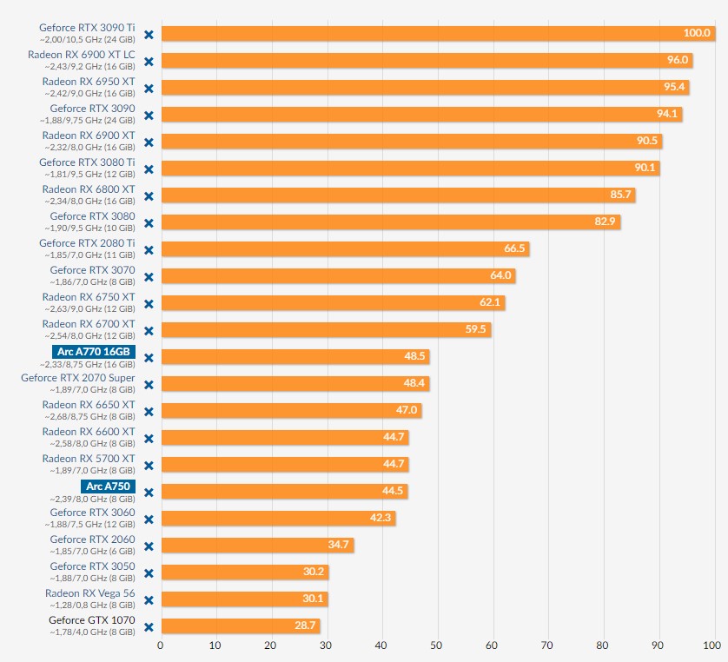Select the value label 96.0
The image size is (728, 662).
pos(678,61)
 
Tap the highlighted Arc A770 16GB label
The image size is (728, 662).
pos(93,352)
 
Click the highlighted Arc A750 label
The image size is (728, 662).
pos(108,486)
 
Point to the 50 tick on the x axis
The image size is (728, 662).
pos(437,645)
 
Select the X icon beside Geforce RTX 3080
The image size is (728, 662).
pos(149,222)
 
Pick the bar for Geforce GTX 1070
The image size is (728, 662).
pos(241,626)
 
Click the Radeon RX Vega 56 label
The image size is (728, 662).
pos(90,593)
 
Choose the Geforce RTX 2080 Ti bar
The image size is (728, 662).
pos(345,249)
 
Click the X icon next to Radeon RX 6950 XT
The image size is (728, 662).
pos(149,88)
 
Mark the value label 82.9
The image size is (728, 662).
pos(606,222)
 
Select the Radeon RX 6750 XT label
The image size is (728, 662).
pos(89,297)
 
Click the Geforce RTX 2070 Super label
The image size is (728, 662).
pos(78,378)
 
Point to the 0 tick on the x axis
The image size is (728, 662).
pos(161,645)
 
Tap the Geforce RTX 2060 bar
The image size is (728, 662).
pos(257,546)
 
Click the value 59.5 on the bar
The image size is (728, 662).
pos(477,330)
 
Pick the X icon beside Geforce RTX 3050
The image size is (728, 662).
pos(149,573)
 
